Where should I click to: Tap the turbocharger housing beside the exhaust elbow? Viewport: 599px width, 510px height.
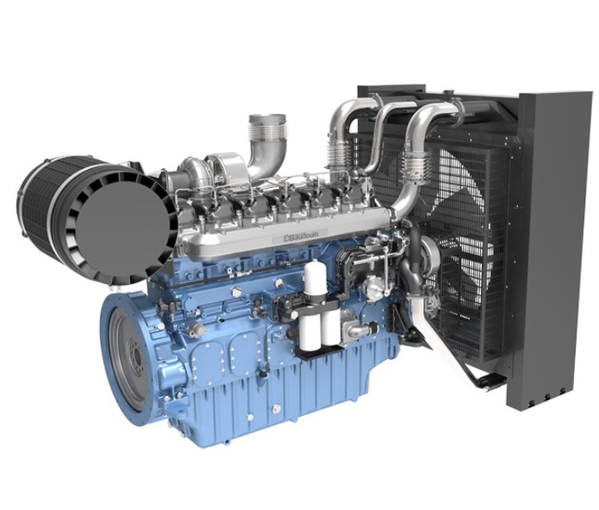click(x=222, y=167)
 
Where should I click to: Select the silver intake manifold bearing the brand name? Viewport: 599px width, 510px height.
click(x=284, y=231)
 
